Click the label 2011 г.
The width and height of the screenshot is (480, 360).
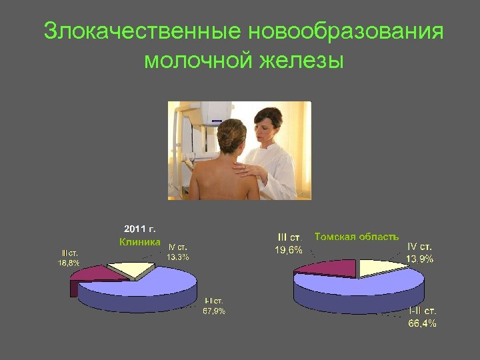[139, 230]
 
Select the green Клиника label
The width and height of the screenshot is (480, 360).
[139, 242]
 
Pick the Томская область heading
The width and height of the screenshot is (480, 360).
[357, 237]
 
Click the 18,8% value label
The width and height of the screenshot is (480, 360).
[69, 263]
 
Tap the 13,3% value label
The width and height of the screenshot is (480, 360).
[178, 257]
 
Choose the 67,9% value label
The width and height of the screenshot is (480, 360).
[215, 311]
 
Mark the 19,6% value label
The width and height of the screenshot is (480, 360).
[289, 251]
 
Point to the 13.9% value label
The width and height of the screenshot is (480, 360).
[420, 259]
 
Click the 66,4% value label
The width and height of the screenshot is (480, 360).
[423, 323]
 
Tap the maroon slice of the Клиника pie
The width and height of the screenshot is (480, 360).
[93, 274]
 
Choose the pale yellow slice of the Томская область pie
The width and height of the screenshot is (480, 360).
[380, 268]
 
